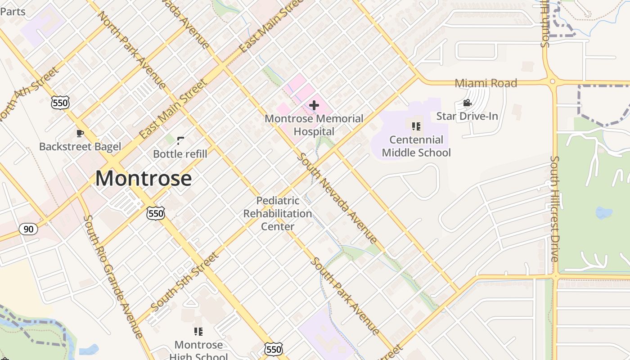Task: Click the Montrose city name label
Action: [144, 178]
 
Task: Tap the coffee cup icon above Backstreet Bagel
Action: [80, 133]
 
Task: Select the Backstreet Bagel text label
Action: [80, 146]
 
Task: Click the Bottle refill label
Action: [180, 154]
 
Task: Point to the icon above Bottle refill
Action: [180, 141]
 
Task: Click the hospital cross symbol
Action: [314, 105]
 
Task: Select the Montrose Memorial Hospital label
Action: [314, 125]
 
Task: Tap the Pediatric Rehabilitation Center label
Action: [278, 213]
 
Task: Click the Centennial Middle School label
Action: [416, 146]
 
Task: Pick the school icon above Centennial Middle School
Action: [416, 126]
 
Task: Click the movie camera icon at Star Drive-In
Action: [467, 103]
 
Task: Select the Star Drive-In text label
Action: [467, 116]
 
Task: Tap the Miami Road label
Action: [486, 83]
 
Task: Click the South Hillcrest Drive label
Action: [555, 209]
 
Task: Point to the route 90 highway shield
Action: [28, 229]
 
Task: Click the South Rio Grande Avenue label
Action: [113, 276]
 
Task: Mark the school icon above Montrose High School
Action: [198, 332]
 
